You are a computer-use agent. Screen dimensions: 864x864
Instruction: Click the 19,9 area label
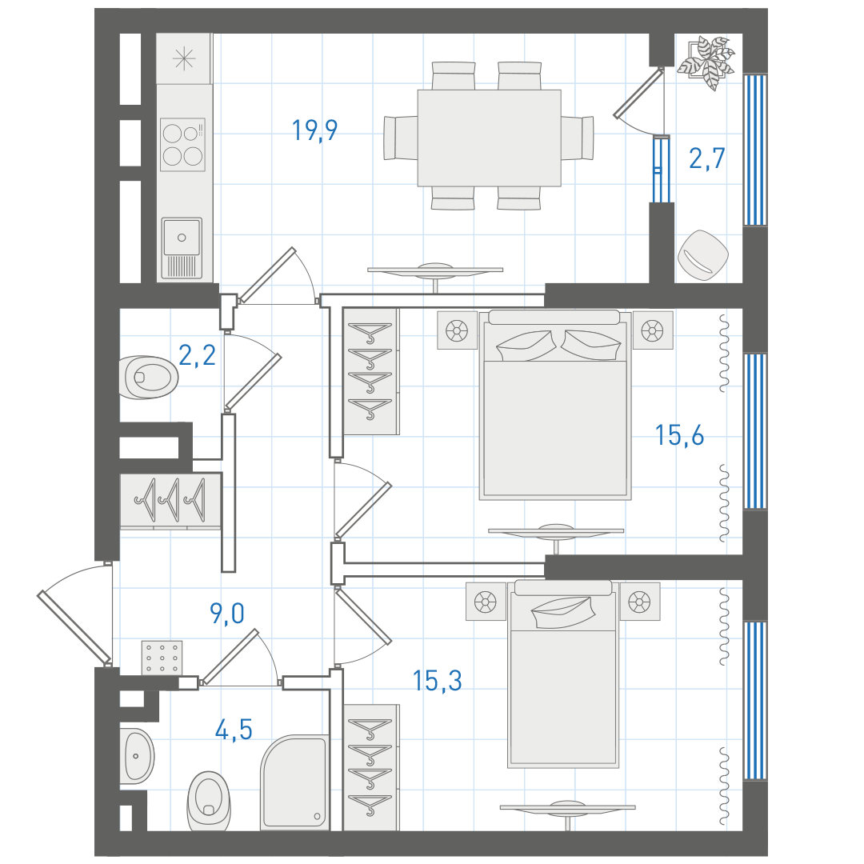[x=314, y=130]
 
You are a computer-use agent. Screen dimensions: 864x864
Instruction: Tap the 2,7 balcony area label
[x=707, y=158]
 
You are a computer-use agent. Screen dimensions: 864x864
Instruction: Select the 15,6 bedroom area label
[x=679, y=435]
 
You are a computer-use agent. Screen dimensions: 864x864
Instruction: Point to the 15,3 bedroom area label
[x=438, y=681]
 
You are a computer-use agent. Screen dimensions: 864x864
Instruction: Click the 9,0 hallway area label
[x=227, y=613]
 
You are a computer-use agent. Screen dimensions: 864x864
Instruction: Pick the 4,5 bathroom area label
[x=234, y=730]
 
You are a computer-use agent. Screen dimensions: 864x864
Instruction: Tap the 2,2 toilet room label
[x=198, y=355]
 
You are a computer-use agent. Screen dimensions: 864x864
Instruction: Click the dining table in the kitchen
[x=490, y=138]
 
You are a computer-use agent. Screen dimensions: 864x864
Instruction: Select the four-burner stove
[x=183, y=144]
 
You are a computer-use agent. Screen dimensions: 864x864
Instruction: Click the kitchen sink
[x=182, y=248]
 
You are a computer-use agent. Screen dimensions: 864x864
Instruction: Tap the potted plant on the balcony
[x=706, y=62]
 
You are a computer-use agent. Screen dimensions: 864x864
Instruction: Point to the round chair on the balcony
[x=703, y=255]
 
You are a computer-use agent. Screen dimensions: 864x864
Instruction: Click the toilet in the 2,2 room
[x=149, y=377]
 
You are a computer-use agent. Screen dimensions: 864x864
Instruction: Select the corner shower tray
[x=295, y=781]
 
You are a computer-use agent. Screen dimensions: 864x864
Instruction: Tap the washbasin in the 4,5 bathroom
[x=137, y=756]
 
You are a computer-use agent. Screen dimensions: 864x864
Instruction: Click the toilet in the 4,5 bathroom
[x=209, y=802]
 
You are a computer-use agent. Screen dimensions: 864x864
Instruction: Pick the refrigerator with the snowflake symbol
[x=184, y=58]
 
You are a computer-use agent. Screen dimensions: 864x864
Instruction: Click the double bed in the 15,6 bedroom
[x=555, y=405]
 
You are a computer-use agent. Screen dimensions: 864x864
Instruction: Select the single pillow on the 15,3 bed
[x=563, y=612]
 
